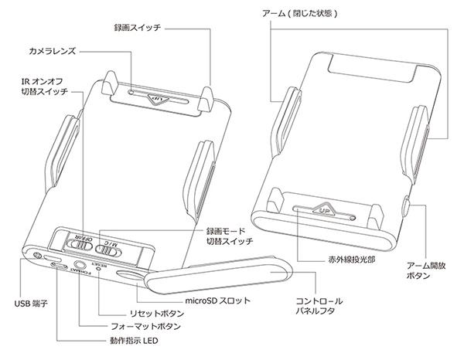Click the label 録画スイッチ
[138, 27]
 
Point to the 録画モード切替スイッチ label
[232, 236]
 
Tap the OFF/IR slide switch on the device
[79, 244]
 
